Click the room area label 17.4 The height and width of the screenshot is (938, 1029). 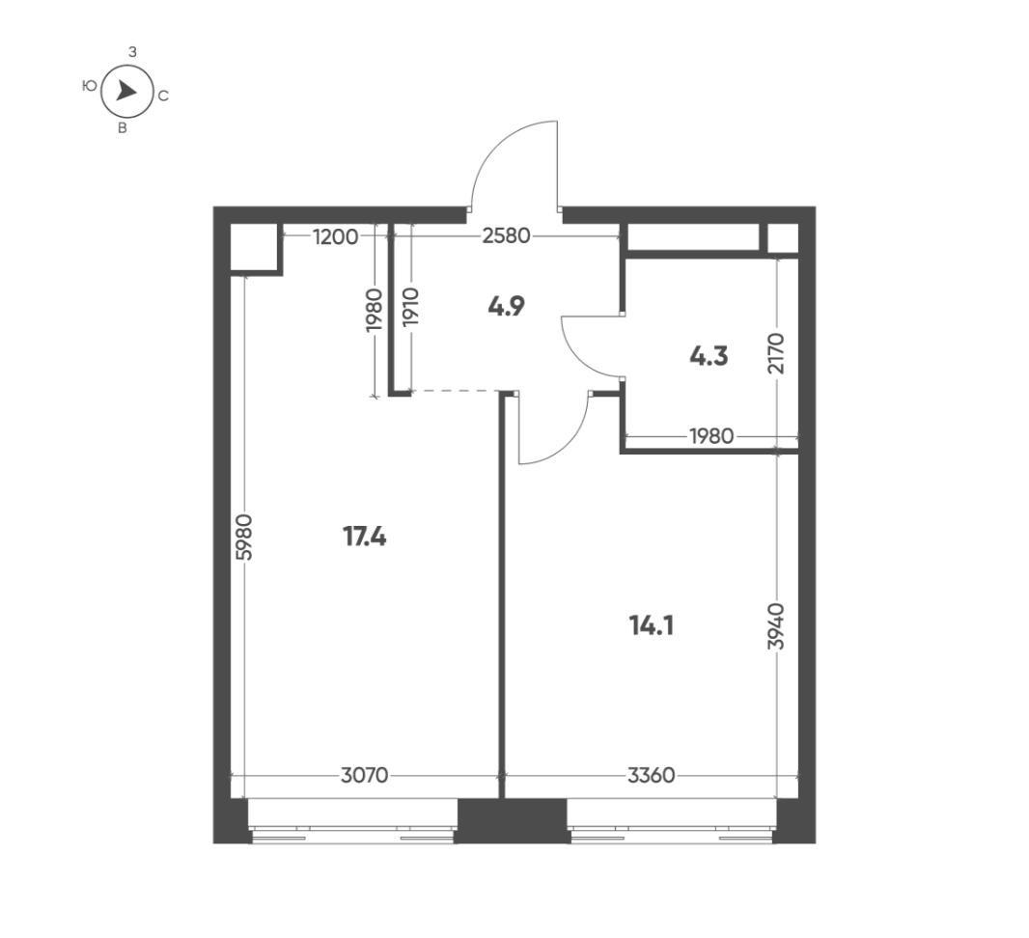pyautogui.click(x=365, y=537)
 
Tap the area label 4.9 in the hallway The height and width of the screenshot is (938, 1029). pyautogui.click(x=506, y=308)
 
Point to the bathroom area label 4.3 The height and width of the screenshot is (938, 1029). pyautogui.click(x=708, y=357)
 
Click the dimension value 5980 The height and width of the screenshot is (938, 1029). pyautogui.click(x=244, y=545)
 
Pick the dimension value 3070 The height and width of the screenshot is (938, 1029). pyautogui.click(x=364, y=775)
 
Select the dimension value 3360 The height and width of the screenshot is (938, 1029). pyautogui.click(x=651, y=775)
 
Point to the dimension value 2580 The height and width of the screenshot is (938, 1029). pyautogui.click(x=506, y=235)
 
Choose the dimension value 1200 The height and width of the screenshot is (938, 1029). pyautogui.click(x=335, y=235)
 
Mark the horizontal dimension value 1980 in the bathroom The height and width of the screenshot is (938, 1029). pyautogui.click(x=710, y=436)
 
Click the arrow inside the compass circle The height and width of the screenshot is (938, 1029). pyautogui.click(x=126, y=92)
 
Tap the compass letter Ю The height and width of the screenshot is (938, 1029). pyautogui.click(x=89, y=86)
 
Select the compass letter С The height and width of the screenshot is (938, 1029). pyautogui.click(x=163, y=96)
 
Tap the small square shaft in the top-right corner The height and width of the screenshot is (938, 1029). pyautogui.click(x=783, y=238)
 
